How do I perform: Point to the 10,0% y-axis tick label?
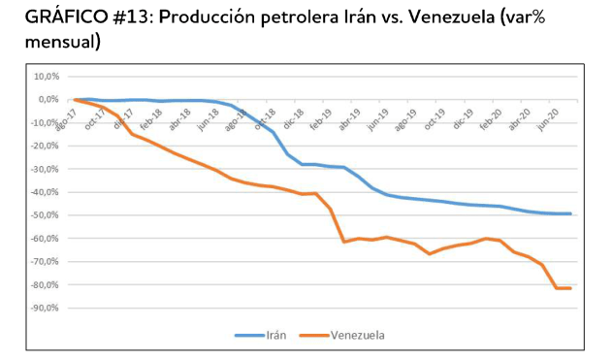pyautogui.click(x=45, y=76)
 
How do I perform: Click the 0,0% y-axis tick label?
pyautogui.click(x=47, y=99)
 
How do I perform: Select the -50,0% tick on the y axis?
pyautogui.click(x=44, y=215)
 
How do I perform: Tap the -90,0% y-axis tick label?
pyautogui.click(x=44, y=309)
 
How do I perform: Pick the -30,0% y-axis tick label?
pyautogui.click(x=44, y=169)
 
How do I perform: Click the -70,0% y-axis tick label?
pyautogui.click(x=44, y=262)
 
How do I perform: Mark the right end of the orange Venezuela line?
pyautogui.click(x=571, y=288)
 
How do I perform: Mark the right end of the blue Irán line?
pyautogui.click(x=571, y=213)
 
